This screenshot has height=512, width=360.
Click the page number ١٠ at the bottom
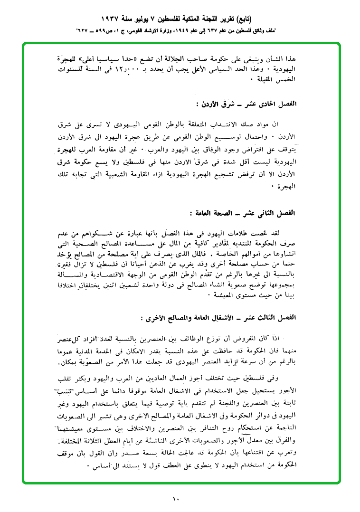pyautogui.click(x=176, y=499)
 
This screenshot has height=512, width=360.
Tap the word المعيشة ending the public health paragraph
pyautogui.click(x=225, y=295)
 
